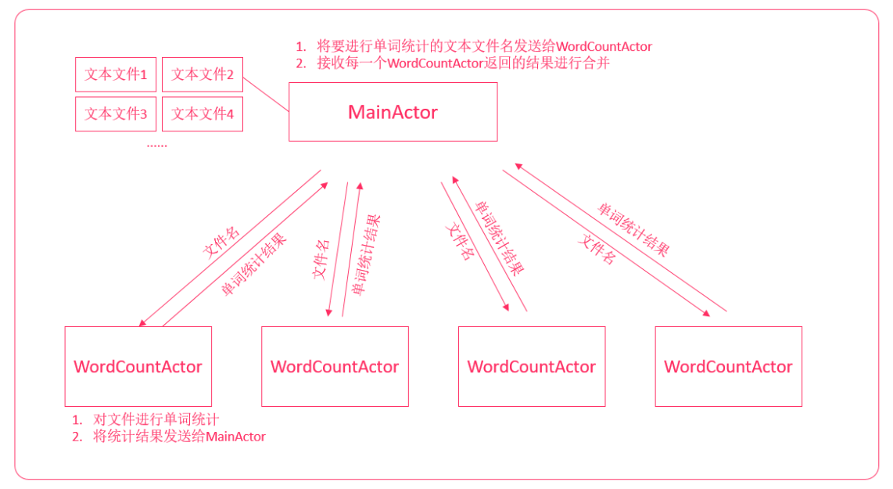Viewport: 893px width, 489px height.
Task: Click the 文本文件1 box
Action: [x=116, y=74]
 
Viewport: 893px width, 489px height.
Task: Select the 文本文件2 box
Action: [x=203, y=74]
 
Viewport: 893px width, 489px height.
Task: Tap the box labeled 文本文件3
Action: [x=116, y=113]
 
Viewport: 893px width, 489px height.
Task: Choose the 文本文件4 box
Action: [x=203, y=113]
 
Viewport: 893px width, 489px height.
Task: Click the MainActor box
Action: [x=393, y=112]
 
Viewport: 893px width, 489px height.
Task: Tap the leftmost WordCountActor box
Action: [x=138, y=366]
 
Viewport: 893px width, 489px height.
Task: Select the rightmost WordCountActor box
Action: [x=728, y=366]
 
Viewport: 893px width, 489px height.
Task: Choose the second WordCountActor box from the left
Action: [x=335, y=366]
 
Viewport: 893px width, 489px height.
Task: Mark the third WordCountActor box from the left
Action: [x=532, y=366]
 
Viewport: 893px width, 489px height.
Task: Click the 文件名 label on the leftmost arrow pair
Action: [x=221, y=242]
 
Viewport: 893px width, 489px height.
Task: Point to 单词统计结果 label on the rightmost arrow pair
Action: [x=633, y=230]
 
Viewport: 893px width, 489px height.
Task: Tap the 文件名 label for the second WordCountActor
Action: [x=321, y=261]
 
